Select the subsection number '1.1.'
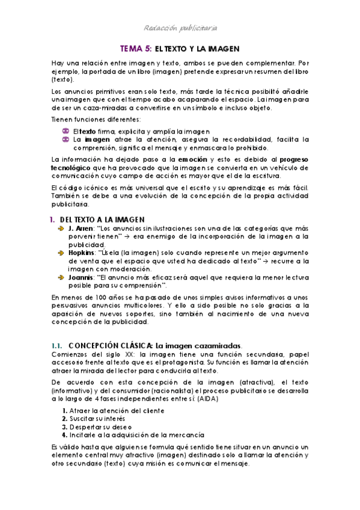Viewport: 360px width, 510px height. [57, 346]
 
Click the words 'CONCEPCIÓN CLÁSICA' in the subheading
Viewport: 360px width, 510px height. [110, 346]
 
